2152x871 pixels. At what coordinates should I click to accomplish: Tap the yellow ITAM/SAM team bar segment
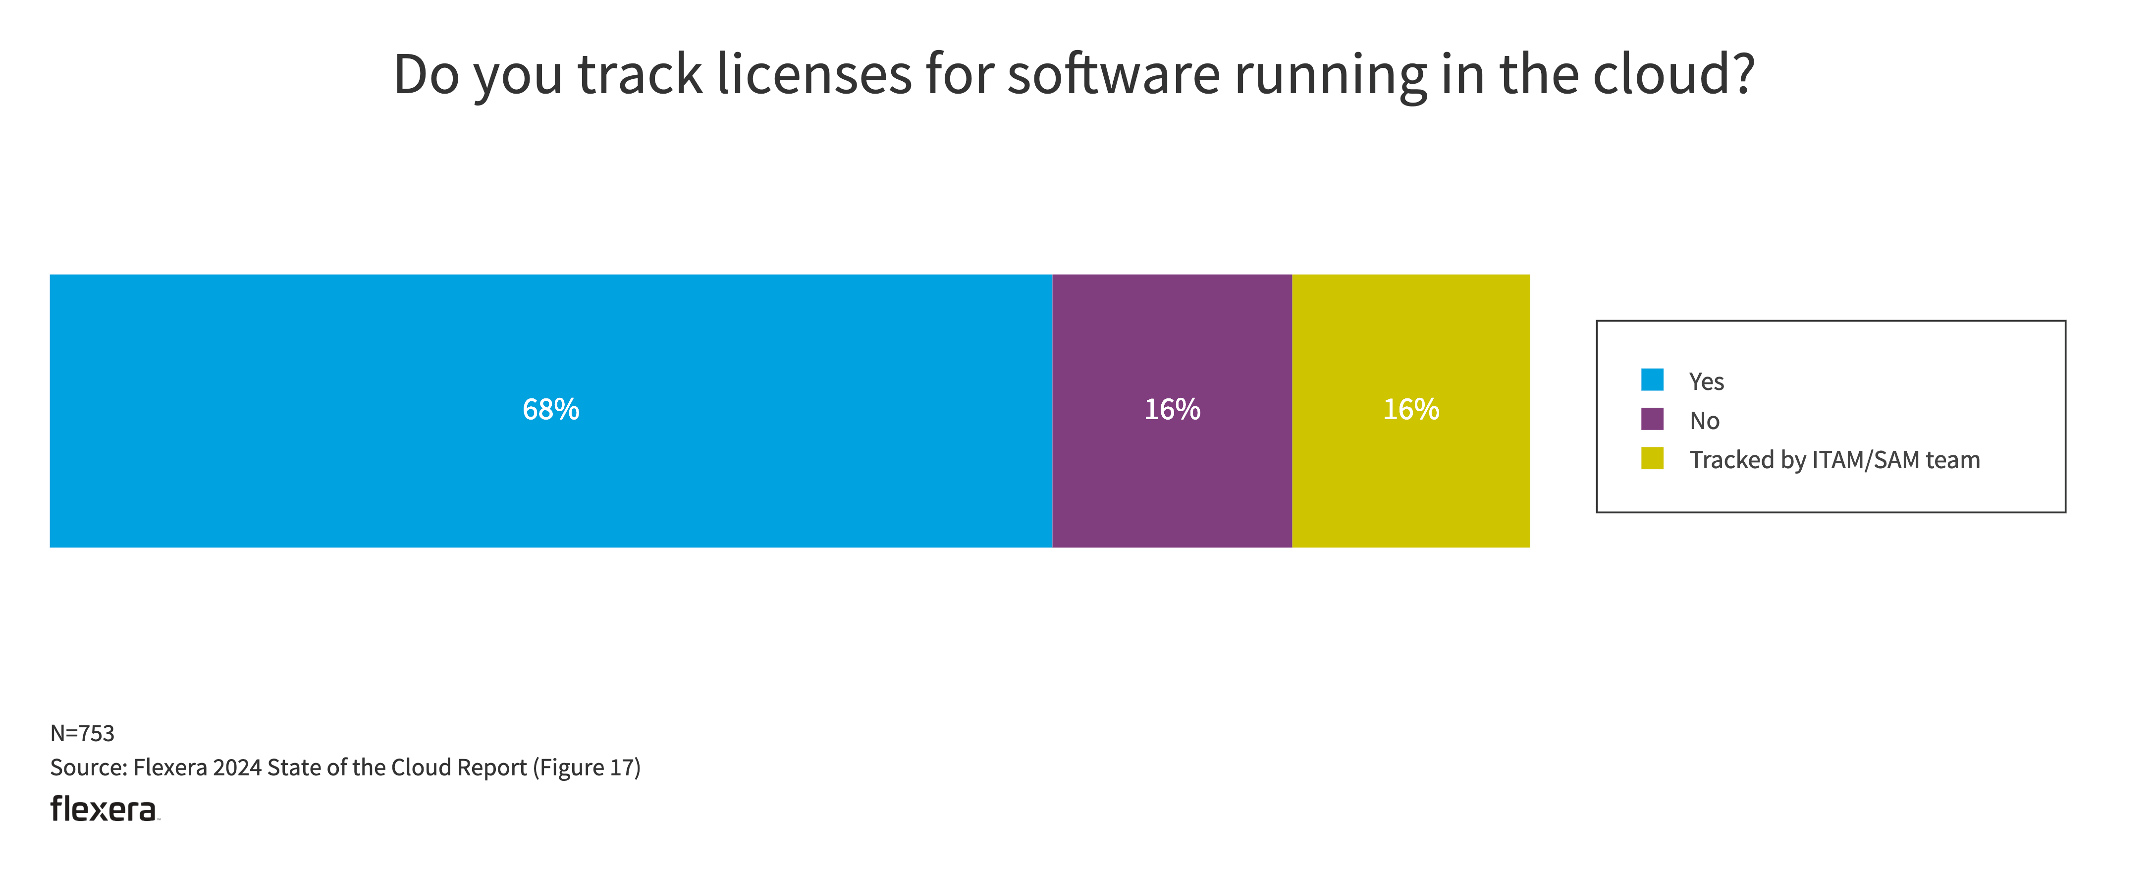1410,485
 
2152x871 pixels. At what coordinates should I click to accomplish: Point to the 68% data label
550,410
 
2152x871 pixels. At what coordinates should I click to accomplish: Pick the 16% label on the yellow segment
1410,410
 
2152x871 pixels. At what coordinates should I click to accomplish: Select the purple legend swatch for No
1652,419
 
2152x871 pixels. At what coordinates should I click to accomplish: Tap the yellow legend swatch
1652,458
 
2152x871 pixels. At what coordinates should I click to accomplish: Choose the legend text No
1704,421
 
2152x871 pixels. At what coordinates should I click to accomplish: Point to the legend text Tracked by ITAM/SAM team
1834,460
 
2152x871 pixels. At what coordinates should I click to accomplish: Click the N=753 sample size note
82,733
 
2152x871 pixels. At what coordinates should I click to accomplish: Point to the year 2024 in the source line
237,767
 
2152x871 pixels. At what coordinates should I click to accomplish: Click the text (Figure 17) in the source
587,767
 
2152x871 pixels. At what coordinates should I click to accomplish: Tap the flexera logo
104,809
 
